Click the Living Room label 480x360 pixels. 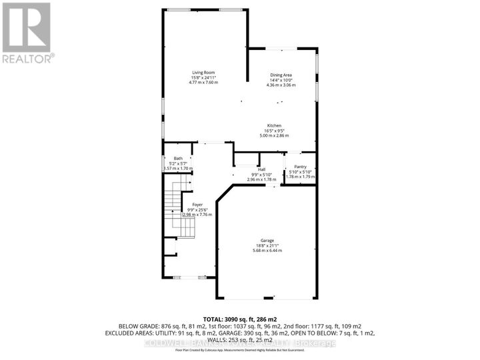[203, 73]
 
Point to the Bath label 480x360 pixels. [178, 158]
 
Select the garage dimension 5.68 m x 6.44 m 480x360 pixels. [267, 251]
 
